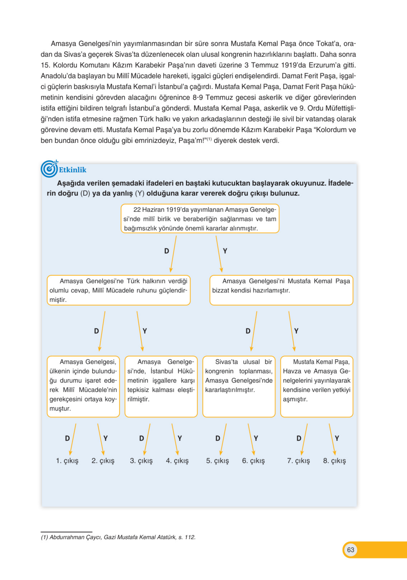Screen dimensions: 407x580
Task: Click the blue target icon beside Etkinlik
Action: coord(49,169)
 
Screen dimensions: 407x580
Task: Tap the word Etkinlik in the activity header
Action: coord(72,170)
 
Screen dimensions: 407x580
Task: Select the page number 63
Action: coord(350,550)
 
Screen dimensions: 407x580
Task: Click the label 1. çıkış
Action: coord(67,461)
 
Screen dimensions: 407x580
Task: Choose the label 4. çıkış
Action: coord(177,461)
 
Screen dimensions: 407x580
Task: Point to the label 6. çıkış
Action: coord(253,461)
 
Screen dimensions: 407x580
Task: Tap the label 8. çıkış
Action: coord(335,461)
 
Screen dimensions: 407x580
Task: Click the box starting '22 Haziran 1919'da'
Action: coord(200,218)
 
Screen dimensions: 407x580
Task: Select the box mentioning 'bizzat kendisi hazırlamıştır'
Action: coord(281,290)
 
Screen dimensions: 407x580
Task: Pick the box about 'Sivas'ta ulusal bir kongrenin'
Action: coord(239,386)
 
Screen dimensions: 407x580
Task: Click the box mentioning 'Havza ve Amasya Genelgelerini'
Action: coord(317,386)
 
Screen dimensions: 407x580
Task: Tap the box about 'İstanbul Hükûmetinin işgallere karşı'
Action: coord(161,386)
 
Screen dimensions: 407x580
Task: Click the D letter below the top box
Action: coord(167,251)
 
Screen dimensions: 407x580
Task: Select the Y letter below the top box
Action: coord(225,251)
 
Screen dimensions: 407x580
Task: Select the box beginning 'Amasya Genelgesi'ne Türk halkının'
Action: coord(118,290)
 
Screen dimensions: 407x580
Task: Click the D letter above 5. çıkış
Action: coord(218,438)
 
